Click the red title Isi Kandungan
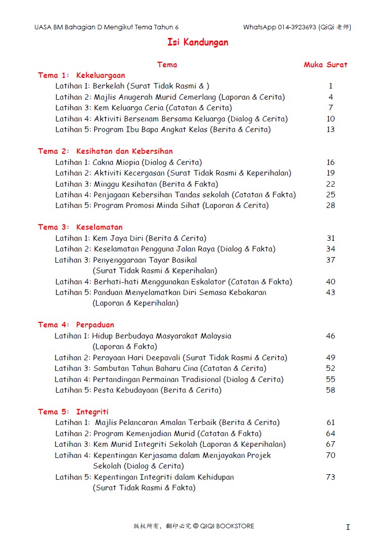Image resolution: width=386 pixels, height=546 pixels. (198, 43)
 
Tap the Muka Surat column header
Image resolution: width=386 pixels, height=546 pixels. (325, 65)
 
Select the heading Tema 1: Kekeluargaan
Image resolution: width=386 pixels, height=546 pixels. (81, 75)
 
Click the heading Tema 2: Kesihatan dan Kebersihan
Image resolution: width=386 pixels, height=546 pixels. (105, 151)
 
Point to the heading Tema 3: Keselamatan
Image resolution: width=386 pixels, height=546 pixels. (80, 227)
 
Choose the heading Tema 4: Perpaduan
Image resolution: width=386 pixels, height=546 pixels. (76, 325)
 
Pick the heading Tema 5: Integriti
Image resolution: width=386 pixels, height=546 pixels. (73, 412)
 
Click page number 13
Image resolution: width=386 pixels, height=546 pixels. (330, 130)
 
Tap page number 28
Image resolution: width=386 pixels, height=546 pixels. (330, 205)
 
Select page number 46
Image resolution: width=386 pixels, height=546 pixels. (330, 336)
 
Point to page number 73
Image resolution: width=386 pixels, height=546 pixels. (330, 477)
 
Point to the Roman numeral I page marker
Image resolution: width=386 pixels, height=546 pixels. (348, 527)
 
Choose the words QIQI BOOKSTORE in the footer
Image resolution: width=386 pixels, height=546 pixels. (227, 526)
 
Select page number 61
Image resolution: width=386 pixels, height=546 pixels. (330, 423)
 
